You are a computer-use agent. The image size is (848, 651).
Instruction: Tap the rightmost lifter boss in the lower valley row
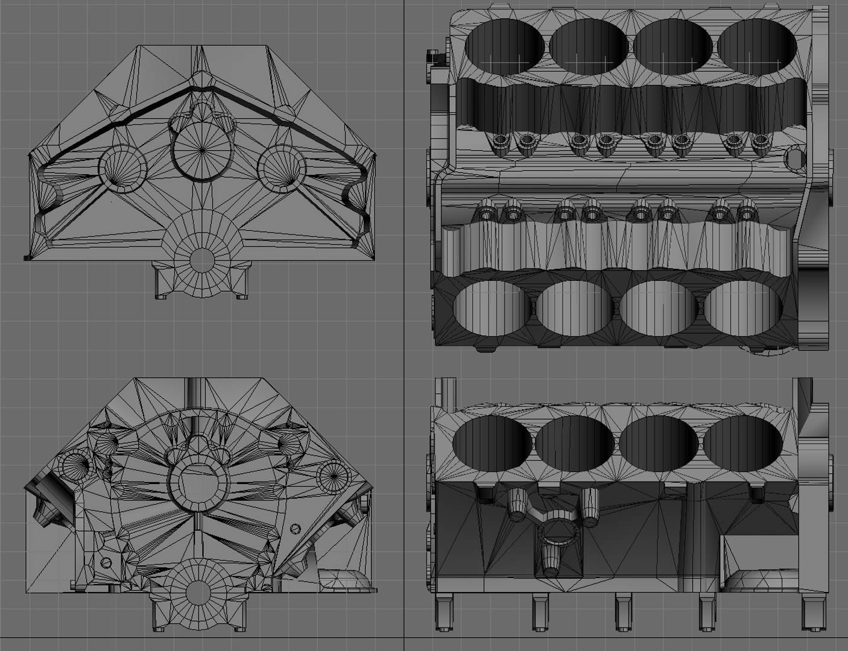pos(747,212)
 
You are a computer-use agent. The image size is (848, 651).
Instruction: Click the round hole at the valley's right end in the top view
pos(796,159)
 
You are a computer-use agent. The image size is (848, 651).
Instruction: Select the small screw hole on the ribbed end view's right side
pos(294,529)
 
